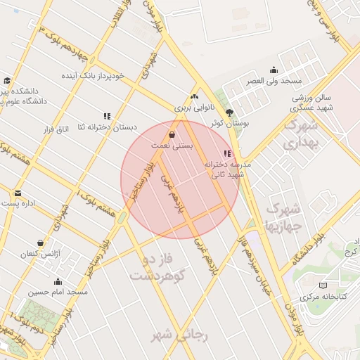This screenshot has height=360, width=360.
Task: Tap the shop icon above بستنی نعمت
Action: (172, 134)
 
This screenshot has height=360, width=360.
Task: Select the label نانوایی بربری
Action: (193, 108)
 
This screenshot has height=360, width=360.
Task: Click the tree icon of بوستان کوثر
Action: (229, 112)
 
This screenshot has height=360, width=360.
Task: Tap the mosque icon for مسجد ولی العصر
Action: (274, 70)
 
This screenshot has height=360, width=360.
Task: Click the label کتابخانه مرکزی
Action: (323, 297)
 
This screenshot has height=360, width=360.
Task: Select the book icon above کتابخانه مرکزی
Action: (323, 285)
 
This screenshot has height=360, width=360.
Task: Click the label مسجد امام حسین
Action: (58, 291)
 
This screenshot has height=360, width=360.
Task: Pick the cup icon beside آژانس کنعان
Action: (40, 243)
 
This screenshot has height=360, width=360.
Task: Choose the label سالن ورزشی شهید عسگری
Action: (313, 102)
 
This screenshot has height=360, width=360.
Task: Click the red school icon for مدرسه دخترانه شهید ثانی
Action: (226, 153)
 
